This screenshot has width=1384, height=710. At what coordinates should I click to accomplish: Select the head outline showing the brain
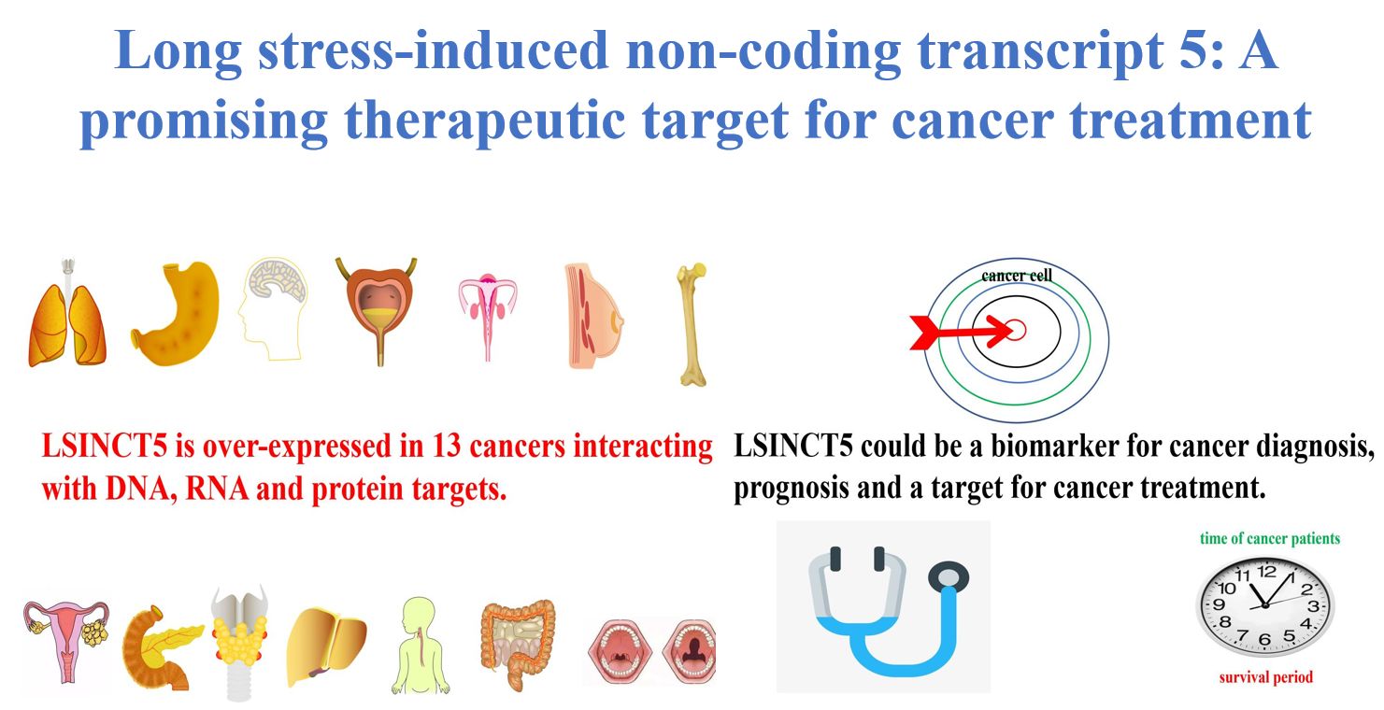point(275,309)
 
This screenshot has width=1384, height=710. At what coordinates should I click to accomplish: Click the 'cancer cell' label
point(1017,276)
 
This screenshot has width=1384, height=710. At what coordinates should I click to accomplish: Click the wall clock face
point(1265,605)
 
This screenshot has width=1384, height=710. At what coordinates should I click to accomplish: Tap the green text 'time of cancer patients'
point(1269,538)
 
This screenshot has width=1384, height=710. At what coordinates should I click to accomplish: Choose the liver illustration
point(325,641)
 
